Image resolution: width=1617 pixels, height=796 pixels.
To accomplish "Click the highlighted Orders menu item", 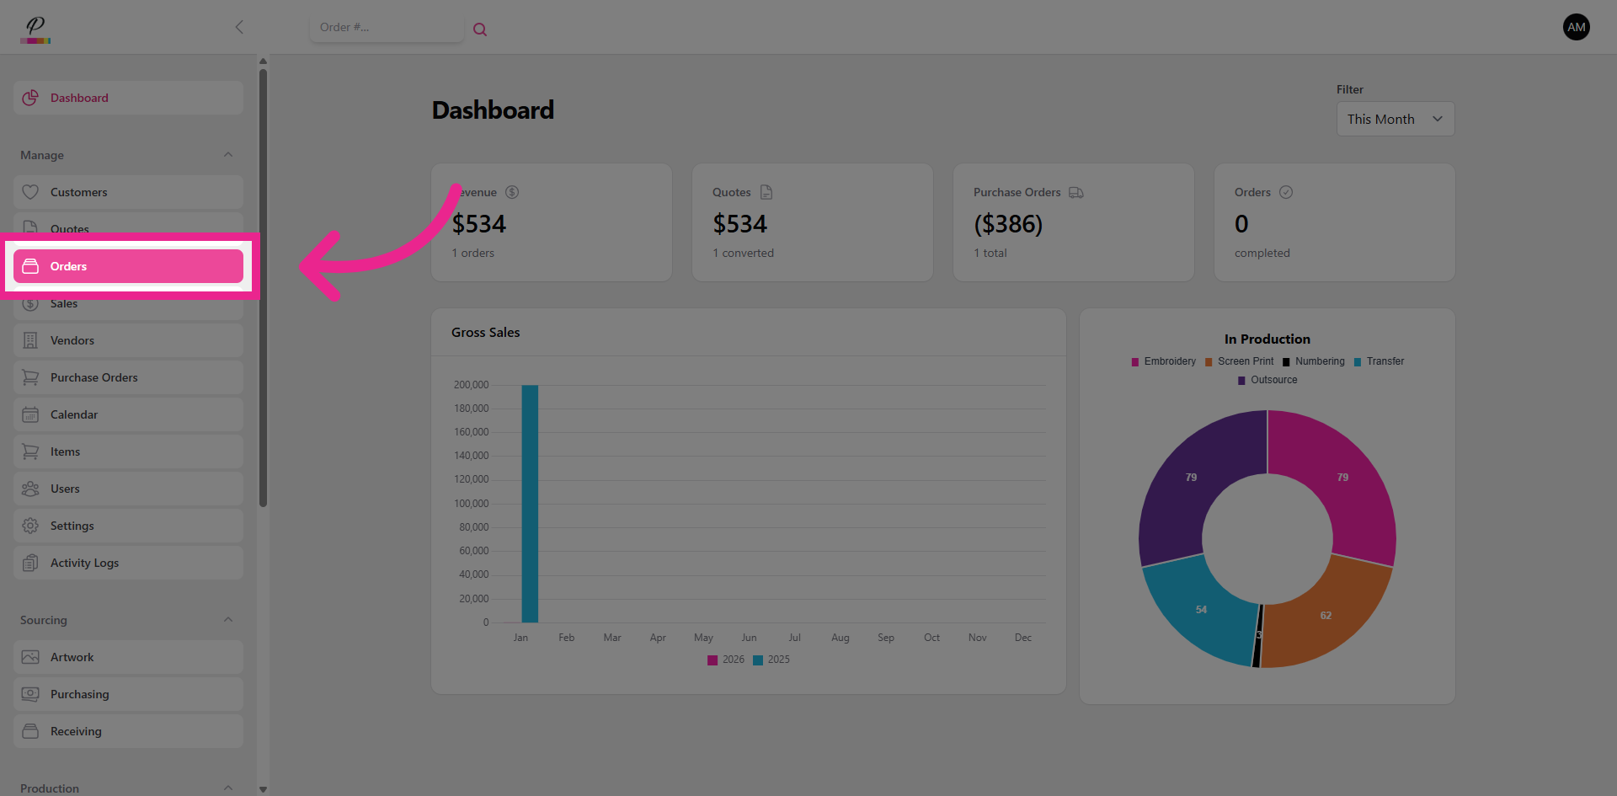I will [x=128, y=266].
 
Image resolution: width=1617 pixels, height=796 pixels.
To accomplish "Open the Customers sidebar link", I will [x=128, y=192].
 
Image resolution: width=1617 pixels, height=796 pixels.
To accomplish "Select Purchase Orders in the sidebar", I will [x=128, y=377].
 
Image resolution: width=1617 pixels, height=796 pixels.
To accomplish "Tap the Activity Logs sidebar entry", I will [x=128, y=563].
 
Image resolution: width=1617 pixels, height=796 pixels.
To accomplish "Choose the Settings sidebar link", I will [x=128, y=526].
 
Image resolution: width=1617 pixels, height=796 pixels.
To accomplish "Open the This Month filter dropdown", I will [x=1395, y=120].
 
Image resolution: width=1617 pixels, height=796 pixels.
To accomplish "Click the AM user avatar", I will [x=1576, y=27].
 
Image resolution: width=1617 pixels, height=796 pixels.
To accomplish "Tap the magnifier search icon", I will [x=480, y=29].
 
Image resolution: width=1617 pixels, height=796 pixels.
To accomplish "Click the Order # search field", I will [x=386, y=28].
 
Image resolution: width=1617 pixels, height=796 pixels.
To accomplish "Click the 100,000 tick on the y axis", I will [x=472, y=504].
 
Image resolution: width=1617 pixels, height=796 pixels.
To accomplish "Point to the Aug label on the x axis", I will [x=840, y=638].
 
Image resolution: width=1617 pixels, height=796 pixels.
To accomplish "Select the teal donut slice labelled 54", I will [x=1202, y=609].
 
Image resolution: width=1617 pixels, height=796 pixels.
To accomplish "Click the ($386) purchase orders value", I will [x=1008, y=224].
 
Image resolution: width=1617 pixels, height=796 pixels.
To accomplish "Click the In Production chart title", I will [x=1267, y=339].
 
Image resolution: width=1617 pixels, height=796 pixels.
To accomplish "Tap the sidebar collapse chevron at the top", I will [x=239, y=27].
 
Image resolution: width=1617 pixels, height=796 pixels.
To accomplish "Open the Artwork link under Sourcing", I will [x=128, y=657].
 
